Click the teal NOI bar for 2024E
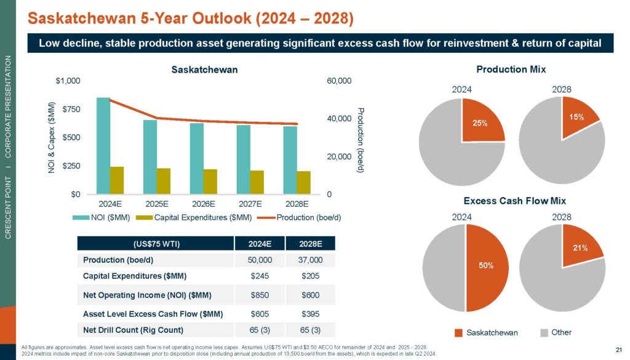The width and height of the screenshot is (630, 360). (103, 146)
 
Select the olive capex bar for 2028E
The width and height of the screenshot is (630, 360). (304, 183)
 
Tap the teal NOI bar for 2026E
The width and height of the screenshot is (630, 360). (196, 159)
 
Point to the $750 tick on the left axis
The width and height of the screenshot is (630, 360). (73, 110)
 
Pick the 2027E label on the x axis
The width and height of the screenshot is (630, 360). (251, 204)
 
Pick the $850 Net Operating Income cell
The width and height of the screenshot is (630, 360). (258, 295)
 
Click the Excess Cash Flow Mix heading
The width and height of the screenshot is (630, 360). (514, 201)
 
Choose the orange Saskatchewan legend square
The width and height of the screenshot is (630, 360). (458, 333)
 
